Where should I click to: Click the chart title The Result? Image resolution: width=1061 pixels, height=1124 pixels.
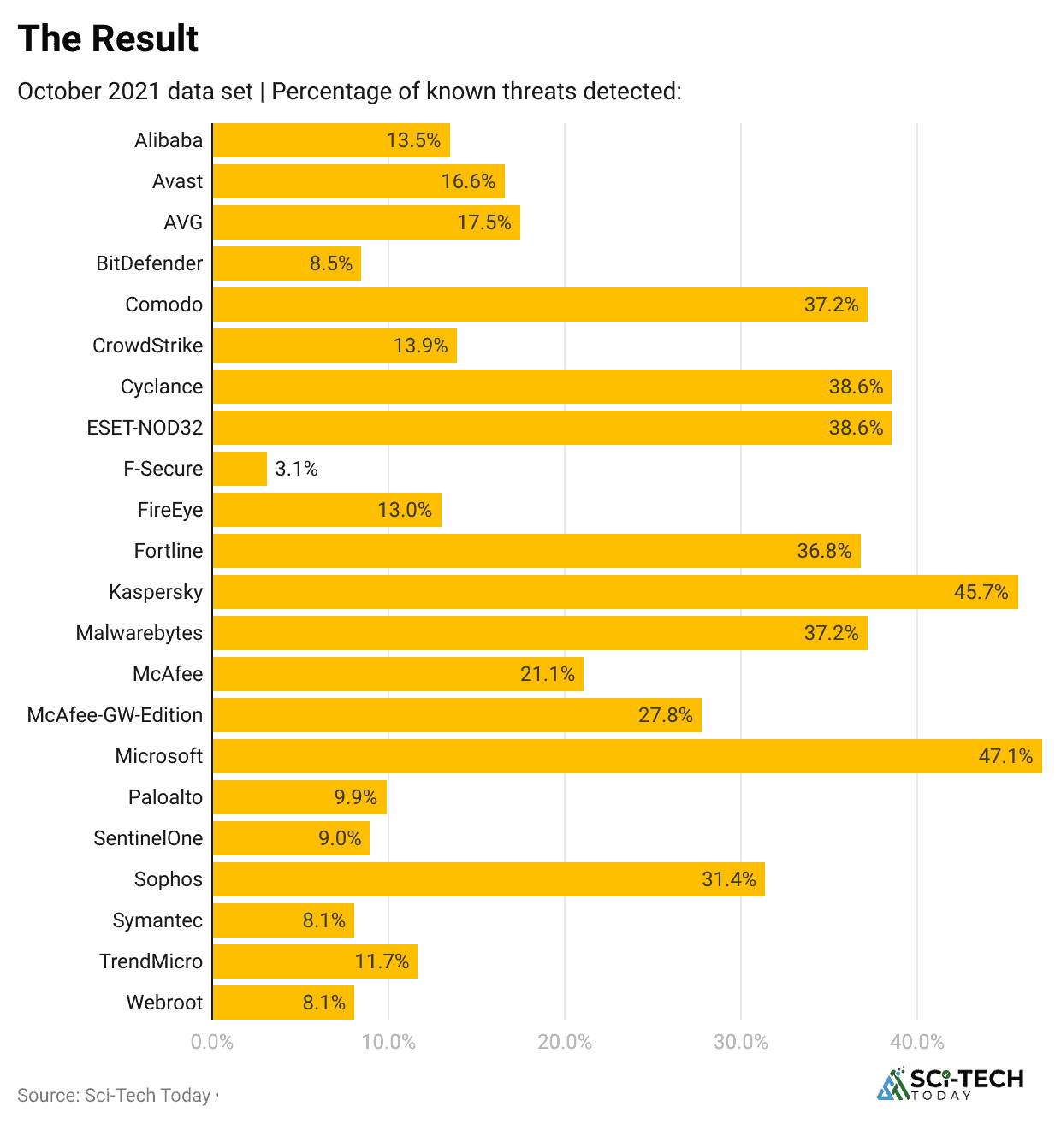pos(108,39)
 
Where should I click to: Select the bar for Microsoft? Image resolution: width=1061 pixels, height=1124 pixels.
pos(626,756)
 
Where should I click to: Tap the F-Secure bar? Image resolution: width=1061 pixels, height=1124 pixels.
pos(240,469)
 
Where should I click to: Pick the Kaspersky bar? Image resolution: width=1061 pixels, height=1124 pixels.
pos(614,592)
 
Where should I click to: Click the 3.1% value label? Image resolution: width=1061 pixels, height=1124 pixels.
pos(296,469)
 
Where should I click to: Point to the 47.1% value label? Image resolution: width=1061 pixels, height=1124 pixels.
pos(1005,756)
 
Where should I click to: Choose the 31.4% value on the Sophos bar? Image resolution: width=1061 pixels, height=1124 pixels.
pos(729,879)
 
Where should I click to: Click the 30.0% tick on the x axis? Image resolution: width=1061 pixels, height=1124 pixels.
pos(741,1042)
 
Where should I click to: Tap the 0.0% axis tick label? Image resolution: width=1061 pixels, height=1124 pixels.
pos(212,1042)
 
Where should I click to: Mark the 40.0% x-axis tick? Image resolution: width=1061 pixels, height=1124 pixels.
pos(917,1042)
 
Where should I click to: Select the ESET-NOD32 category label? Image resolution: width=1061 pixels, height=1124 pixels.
pos(145,428)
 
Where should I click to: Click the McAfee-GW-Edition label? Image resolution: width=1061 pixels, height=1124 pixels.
pos(115,715)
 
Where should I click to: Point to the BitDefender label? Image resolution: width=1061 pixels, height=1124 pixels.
pos(149,263)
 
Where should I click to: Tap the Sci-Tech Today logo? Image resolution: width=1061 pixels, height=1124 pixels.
pos(950,1084)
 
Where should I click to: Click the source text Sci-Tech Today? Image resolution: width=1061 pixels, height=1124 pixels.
pos(147,1096)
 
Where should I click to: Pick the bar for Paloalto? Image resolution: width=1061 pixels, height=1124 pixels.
pos(299,797)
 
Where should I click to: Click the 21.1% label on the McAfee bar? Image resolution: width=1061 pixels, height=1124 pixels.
pos(548,674)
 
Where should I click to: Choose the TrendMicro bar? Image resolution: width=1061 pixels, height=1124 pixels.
pos(315,961)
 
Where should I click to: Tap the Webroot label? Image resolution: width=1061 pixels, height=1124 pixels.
pos(164,1003)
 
